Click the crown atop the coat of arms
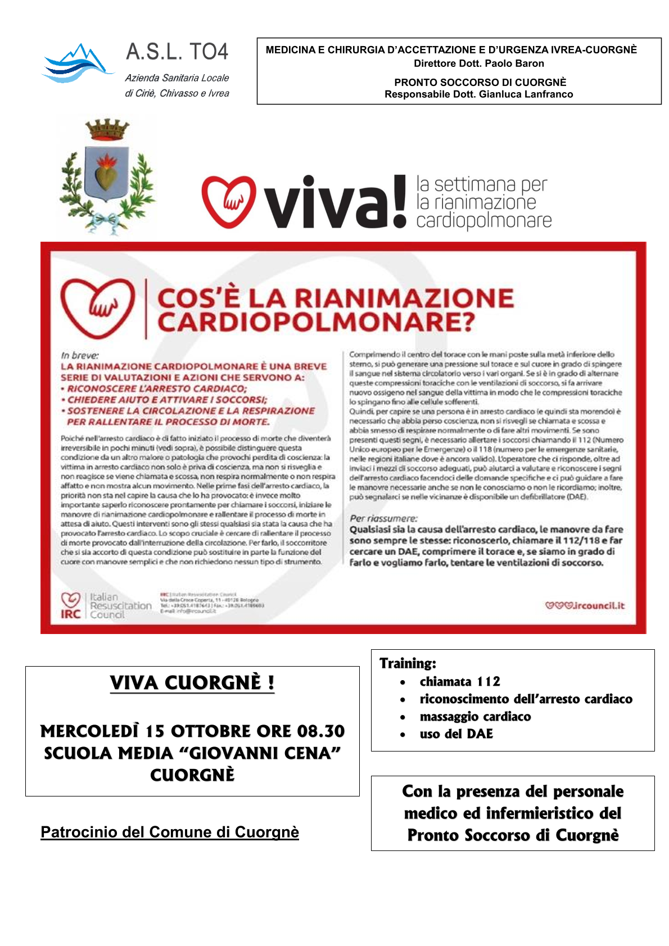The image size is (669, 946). (x=107, y=130)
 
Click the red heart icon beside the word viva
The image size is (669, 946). (x=229, y=201)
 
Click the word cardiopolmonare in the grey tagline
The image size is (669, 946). (x=483, y=221)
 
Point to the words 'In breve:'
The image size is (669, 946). (x=80, y=355)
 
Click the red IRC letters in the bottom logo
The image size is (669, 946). (x=71, y=614)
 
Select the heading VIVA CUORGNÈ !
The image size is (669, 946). (x=192, y=683)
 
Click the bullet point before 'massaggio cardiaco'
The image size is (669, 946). (x=403, y=717)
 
